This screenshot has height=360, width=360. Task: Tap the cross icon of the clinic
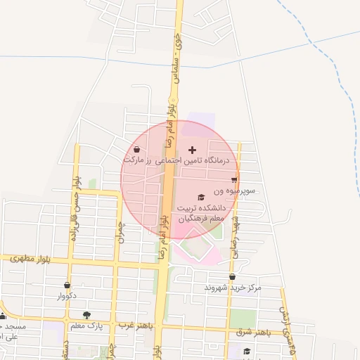point(193,150)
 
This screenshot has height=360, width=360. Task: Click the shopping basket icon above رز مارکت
point(136,150)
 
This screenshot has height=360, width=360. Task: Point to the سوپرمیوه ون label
point(238,191)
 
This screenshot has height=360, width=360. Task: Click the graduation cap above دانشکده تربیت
point(202,198)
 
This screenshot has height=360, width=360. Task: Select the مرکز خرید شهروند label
point(233,288)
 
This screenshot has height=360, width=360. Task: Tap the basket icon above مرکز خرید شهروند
point(233,277)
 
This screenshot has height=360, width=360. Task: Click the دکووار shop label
point(66,296)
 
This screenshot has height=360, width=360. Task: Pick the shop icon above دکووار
point(67,285)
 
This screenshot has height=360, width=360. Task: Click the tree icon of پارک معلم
point(86,316)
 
